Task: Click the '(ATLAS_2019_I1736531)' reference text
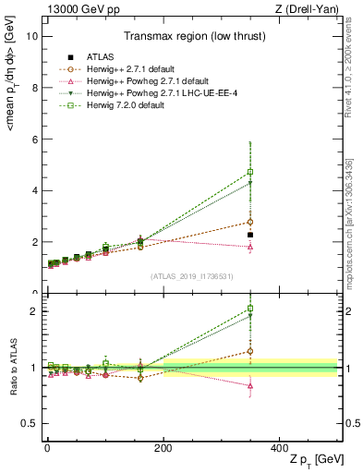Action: tap(192, 276)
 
